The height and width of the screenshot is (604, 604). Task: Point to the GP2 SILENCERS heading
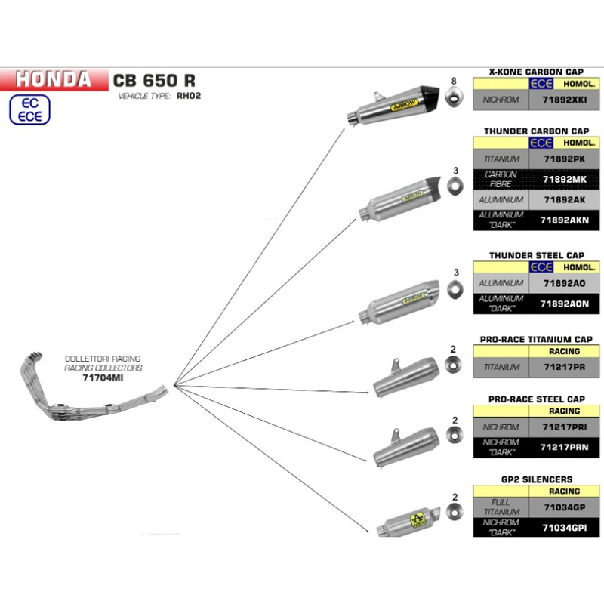[x=535, y=479]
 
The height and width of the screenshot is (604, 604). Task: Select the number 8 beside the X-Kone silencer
[x=454, y=81]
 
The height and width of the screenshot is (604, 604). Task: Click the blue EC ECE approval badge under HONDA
[x=29, y=109]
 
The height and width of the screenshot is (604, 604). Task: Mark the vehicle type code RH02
[x=190, y=97]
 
